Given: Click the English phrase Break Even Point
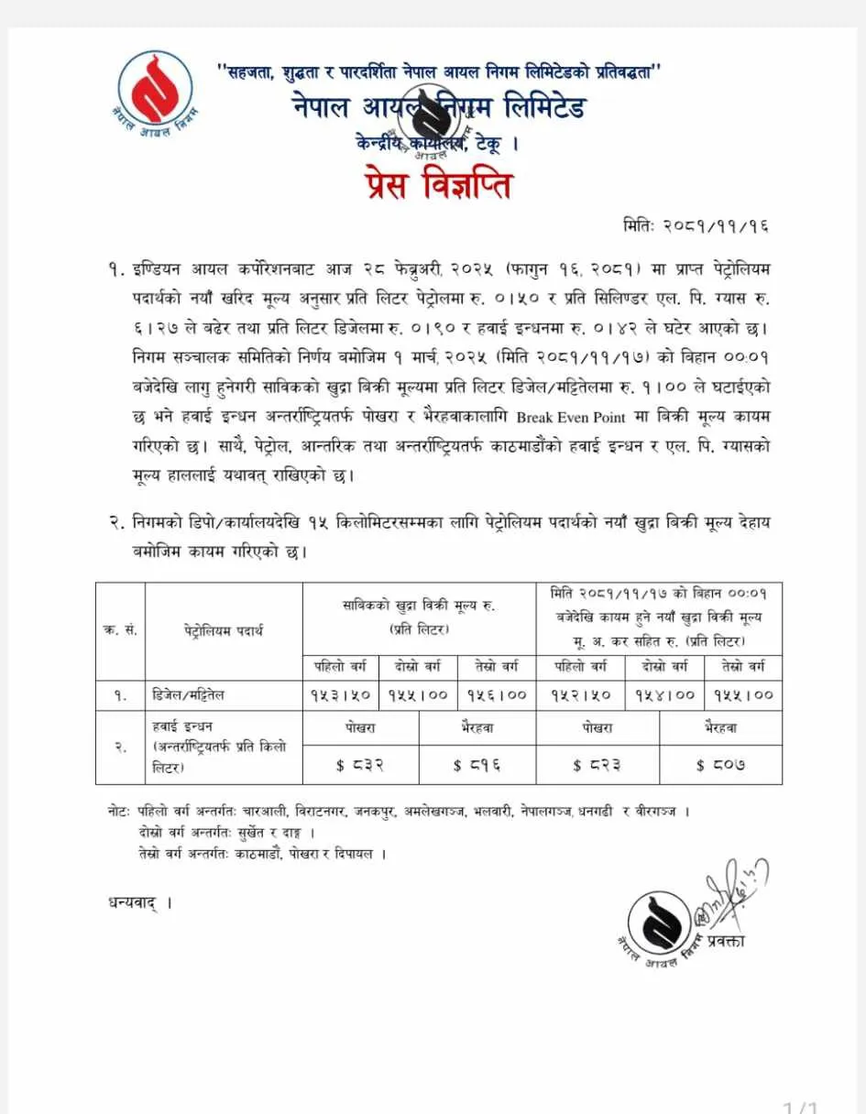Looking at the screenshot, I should tap(571, 417).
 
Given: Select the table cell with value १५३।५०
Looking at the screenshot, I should tap(340, 695).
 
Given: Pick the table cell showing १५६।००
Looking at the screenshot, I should tap(496, 695).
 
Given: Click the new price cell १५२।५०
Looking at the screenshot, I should tap(581, 695).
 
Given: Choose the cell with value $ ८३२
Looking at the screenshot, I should tap(361, 764).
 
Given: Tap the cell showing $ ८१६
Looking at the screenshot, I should tap(477, 764).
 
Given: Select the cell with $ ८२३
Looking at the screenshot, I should tap(597, 764).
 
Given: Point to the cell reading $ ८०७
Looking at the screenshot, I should tap(720, 764).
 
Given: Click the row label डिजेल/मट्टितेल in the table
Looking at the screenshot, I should tap(188, 695).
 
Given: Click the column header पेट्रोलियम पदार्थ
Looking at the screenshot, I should tap(223, 631).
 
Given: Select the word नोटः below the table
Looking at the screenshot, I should tap(120, 812).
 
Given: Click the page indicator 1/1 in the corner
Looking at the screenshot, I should tap(801, 1108).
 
